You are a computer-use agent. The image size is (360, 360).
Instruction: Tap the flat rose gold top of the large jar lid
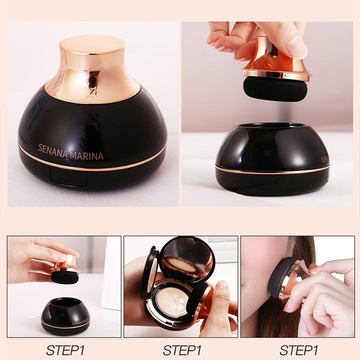click(92, 45)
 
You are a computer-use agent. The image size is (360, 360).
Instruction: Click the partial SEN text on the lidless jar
click(325, 159)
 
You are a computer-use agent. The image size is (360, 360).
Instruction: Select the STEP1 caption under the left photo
click(65, 350)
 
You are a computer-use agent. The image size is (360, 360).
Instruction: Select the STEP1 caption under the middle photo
click(182, 350)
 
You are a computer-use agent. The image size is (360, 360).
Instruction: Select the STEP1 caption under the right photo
click(299, 350)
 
